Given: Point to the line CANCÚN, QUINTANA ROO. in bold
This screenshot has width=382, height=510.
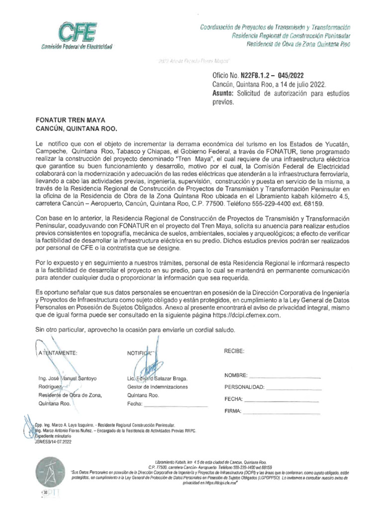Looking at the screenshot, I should (x=75, y=128).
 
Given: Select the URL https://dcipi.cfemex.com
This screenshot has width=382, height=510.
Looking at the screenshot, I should (x=238, y=316).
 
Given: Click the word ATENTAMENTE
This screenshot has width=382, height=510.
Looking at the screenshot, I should (x=57, y=353).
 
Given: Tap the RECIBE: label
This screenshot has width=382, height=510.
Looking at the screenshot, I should (x=234, y=351).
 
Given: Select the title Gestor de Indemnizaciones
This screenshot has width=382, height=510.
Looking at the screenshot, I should (x=157, y=386).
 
